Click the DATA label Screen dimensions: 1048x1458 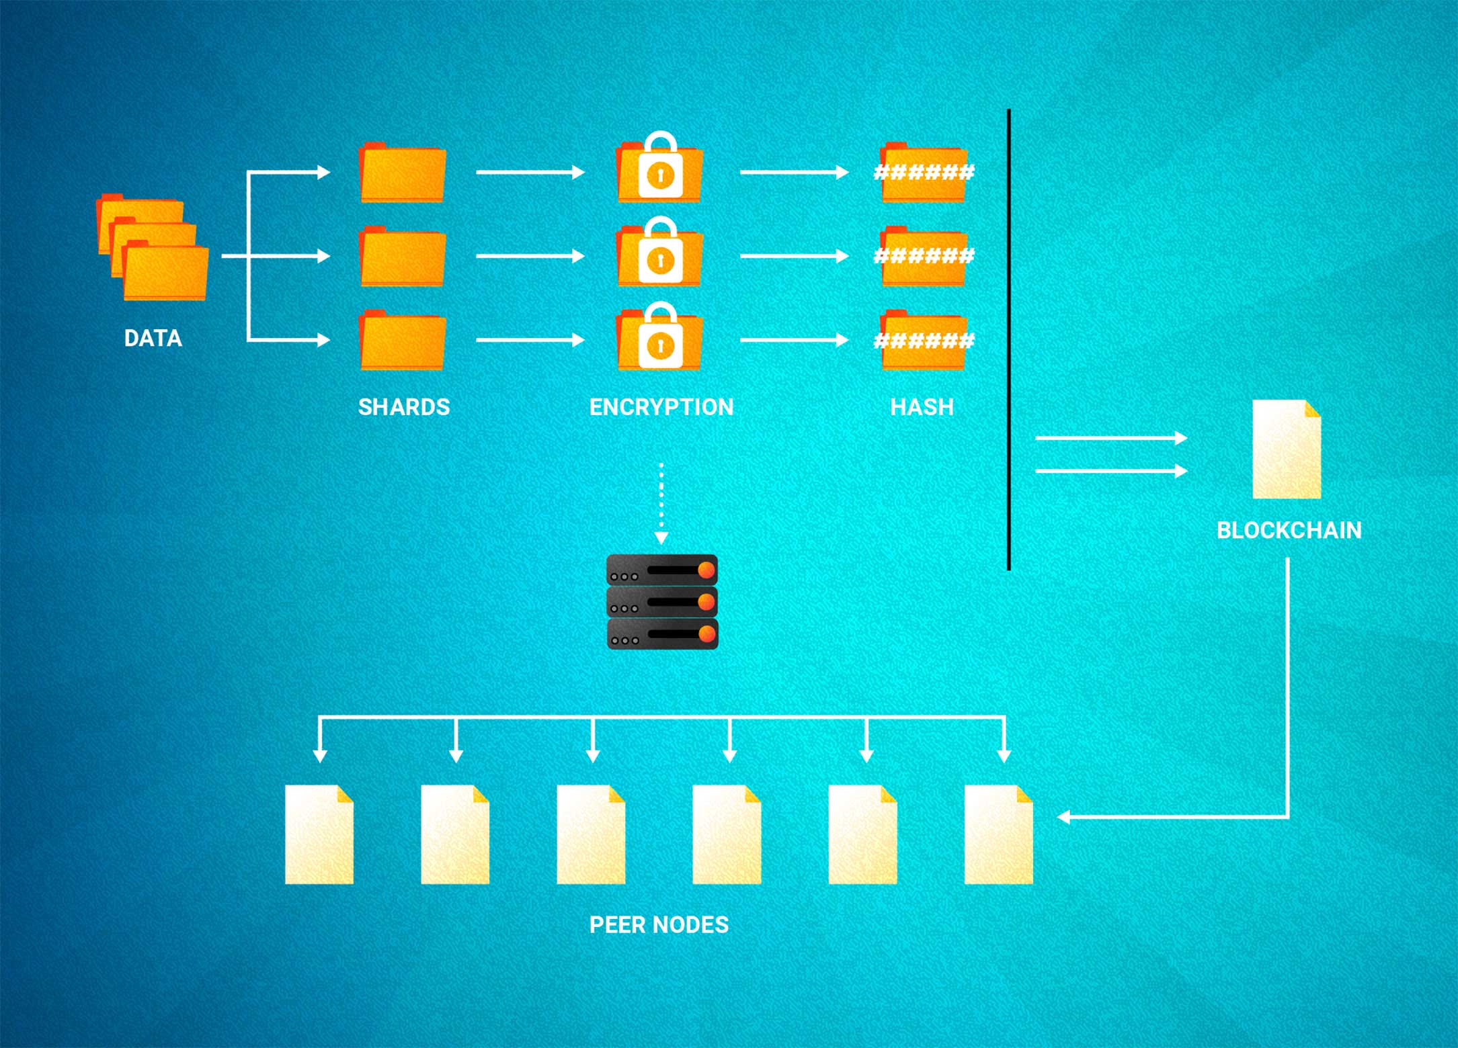153,338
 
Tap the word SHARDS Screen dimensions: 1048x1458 403,407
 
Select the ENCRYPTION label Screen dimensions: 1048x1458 661,407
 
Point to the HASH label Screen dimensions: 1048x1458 922,407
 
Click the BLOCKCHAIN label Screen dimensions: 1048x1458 1289,531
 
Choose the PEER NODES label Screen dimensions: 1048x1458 659,925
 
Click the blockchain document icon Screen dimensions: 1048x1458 1287,449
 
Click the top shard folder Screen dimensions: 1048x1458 403,174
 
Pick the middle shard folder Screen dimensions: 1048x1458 403,257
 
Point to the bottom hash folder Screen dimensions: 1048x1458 924,341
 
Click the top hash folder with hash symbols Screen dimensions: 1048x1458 924,173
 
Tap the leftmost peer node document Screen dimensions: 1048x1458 319,834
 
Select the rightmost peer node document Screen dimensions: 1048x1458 998,834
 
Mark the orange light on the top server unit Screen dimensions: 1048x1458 706,570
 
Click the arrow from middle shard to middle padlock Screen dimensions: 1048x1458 530,256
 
